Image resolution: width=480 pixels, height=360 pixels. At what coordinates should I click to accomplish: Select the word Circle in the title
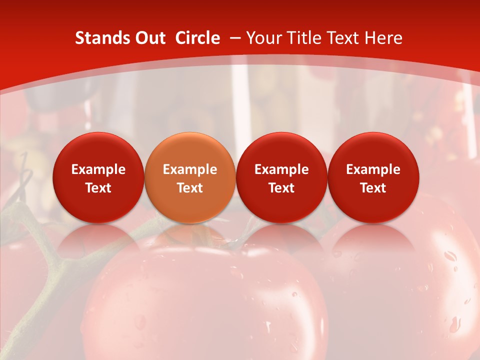197,38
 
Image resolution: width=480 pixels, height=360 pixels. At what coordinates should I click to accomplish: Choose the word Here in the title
382,38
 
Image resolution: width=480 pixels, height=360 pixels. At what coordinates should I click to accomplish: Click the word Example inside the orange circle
190,169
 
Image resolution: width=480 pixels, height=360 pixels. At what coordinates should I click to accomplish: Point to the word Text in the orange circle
190,188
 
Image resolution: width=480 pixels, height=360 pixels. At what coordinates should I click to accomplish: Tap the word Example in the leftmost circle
98,169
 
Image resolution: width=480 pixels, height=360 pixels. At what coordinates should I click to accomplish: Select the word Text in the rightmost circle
373,188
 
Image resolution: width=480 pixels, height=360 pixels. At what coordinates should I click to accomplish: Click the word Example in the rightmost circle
373,169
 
